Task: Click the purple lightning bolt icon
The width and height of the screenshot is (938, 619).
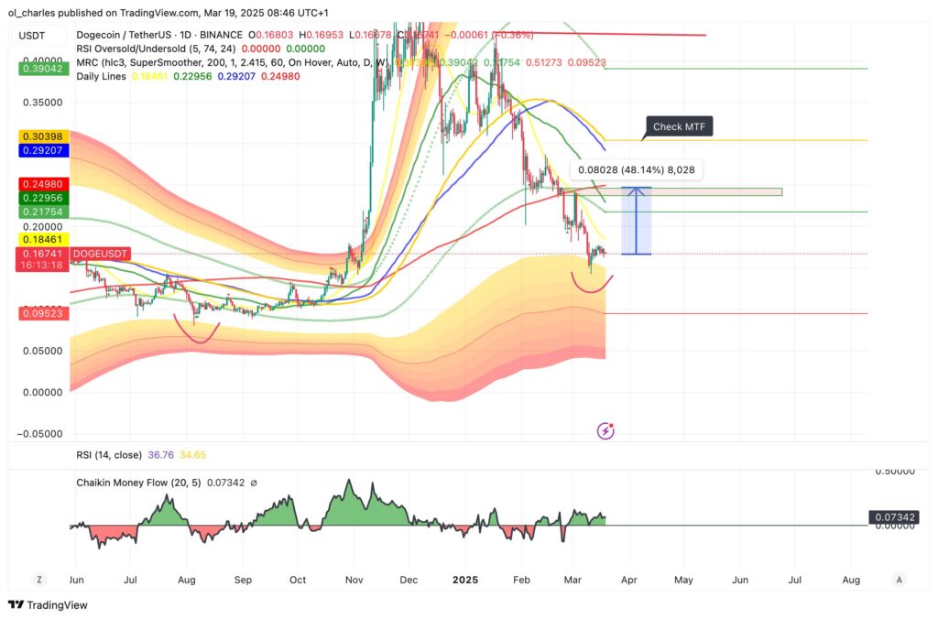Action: pos(605,430)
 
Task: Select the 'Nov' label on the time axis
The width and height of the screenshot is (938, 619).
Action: pos(354,580)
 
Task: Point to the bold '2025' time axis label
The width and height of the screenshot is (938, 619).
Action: pos(464,580)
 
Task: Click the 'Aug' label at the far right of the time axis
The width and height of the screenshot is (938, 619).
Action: pos(851,580)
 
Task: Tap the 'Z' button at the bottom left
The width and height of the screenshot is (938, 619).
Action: pos(39,580)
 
